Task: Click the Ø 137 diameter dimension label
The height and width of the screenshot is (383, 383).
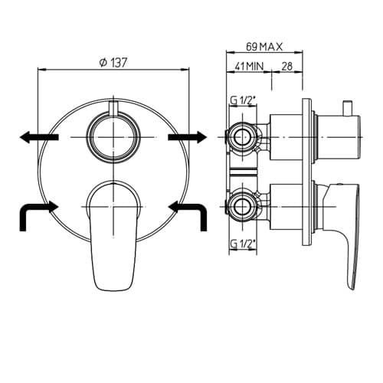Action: click(113, 63)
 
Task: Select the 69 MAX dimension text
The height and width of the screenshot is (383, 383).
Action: click(264, 47)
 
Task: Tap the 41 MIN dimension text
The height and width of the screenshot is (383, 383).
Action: click(249, 67)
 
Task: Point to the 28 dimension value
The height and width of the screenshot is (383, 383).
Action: click(287, 67)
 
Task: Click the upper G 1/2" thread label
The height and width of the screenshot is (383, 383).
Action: click(243, 101)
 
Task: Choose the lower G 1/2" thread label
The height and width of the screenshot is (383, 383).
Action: click(243, 244)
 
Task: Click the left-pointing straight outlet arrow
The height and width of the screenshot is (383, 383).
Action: click(39, 137)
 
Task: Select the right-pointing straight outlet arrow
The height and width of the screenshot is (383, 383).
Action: click(187, 137)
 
